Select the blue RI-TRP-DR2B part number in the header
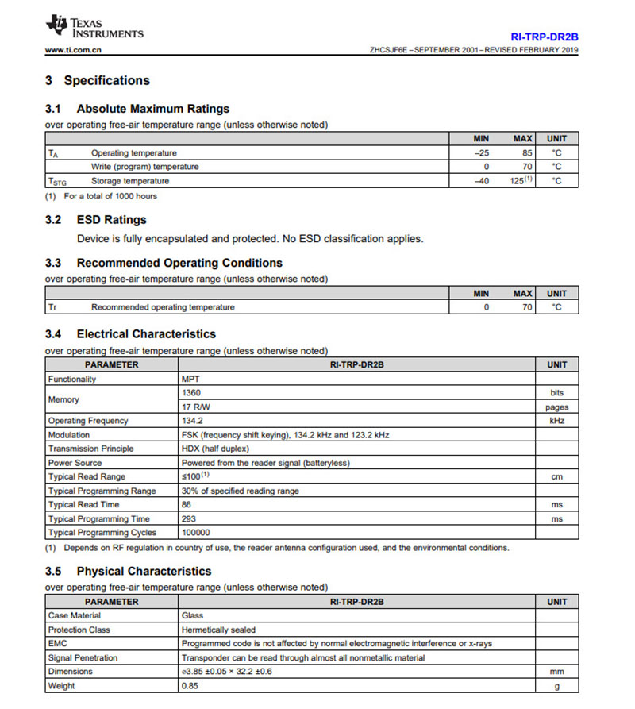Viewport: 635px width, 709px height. [545, 37]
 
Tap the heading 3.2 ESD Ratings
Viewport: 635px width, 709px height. [96, 220]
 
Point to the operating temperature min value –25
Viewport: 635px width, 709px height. [481, 152]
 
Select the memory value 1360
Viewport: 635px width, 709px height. [191, 393]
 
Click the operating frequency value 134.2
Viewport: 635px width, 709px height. [192, 421]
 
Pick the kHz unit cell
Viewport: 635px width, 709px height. [556, 421]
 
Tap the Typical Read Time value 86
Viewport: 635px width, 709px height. [187, 504]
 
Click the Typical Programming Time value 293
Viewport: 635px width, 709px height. [189, 518]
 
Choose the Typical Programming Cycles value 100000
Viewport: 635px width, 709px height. [196, 533]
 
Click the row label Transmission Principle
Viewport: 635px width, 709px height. [90, 449]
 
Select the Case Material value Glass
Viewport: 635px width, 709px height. [193, 615]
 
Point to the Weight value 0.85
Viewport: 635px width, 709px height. [190, 685]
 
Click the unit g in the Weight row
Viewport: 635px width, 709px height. [556, 685]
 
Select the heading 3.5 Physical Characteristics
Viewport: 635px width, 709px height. [129, 571]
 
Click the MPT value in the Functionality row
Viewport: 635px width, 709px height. [191, 380]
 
